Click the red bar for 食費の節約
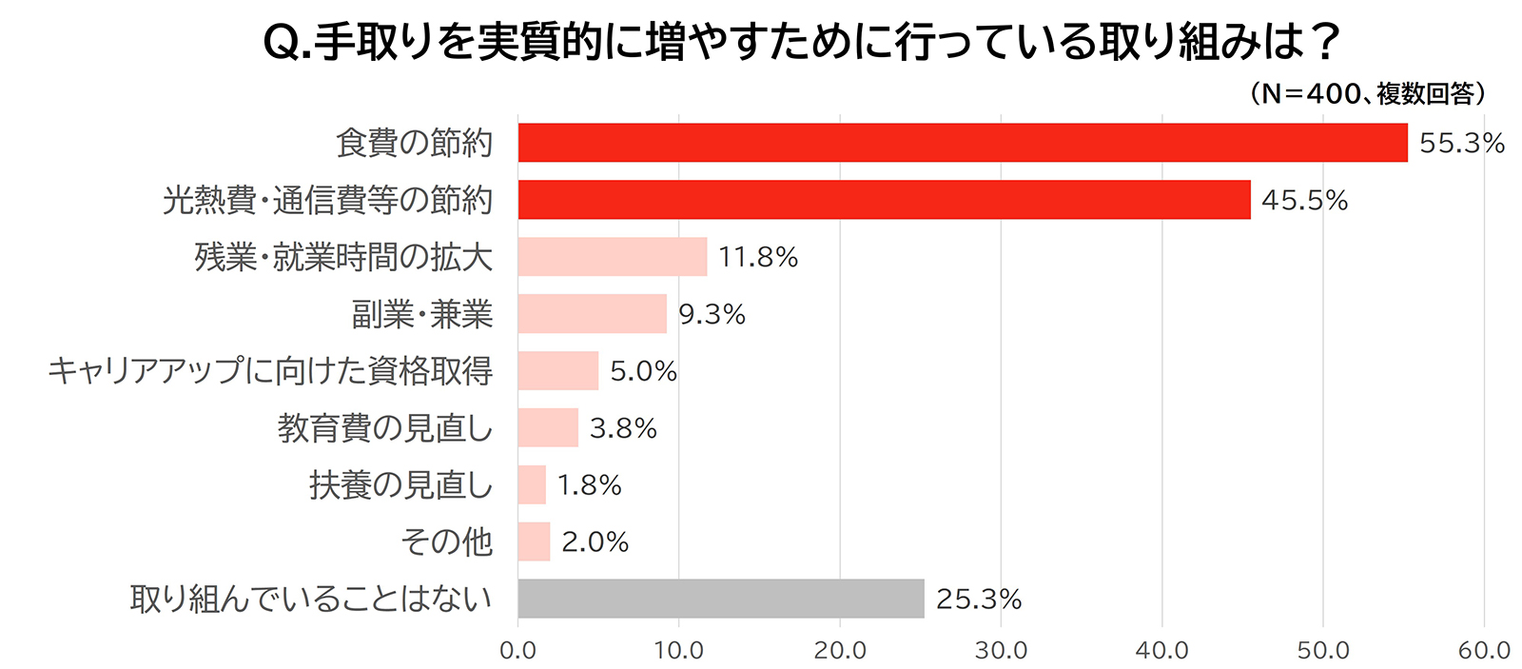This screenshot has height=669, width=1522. pos(962,143)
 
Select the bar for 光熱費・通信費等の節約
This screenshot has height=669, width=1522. pos(884,200)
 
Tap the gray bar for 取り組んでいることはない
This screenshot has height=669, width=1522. pos(720,599)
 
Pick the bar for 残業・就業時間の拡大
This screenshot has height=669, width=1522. pos(612,257)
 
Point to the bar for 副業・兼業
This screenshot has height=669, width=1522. pos(592,314)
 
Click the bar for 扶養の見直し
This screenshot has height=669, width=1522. pos(532,484)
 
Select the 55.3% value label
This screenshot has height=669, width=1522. pos(1461,144)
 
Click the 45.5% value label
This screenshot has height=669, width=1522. pos(1304,201)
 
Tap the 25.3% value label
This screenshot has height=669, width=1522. pos(978,600)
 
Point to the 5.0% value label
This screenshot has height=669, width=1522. pos(643,371)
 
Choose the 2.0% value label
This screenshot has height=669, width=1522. pos(595,542)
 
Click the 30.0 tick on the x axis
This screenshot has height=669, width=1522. pos(1001,651)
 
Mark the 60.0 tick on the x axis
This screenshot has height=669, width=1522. pos(1484,651)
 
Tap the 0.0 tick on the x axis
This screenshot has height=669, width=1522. pos(517,651)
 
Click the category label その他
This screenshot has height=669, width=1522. pos(446,542)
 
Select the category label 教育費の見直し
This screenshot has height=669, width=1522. pos(384,428)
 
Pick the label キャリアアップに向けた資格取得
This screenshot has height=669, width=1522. pos(270,371)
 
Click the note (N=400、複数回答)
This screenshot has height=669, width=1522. pos(1368,93)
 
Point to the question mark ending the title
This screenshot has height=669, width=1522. pos(1323,43)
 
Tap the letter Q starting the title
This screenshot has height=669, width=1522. pos(282,44)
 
